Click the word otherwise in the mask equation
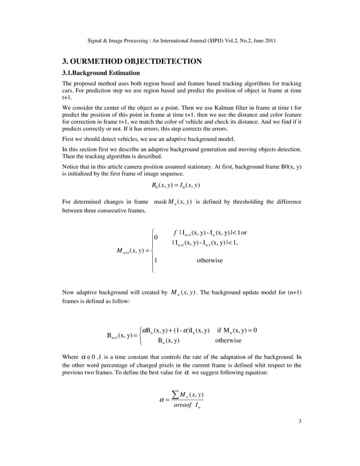pyautogui.click(x=209, y=260)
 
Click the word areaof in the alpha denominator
pyautogui.click(x=173, y=405)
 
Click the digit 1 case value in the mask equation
pyautogui.click(x=156, y=260)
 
